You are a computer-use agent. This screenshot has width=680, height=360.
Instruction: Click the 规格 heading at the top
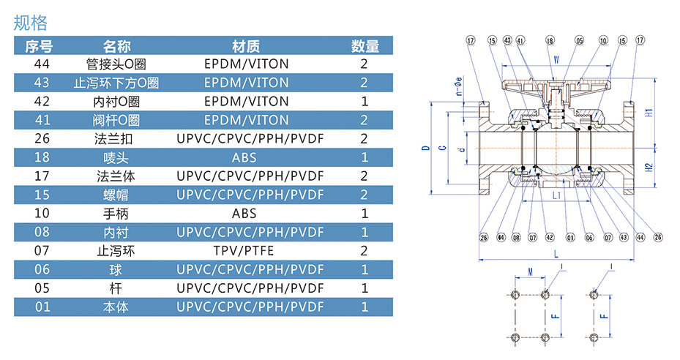(30, 23)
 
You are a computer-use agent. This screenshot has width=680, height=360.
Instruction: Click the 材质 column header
(246, 47)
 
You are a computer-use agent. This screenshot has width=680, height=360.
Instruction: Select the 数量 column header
(365, 47)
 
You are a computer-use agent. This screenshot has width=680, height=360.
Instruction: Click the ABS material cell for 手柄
(246, 214)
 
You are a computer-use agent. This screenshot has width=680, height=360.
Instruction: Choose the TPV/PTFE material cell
(246, 250)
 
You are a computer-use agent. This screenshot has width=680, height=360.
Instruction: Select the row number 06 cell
(42, 269)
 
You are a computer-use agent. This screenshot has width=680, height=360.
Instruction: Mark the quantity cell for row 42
(365, 101)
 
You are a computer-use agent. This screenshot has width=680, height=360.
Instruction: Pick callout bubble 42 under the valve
(549, 237)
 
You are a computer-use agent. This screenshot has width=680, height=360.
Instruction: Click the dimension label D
(425, 149)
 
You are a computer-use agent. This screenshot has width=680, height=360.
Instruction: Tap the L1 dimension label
(556, 196)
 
